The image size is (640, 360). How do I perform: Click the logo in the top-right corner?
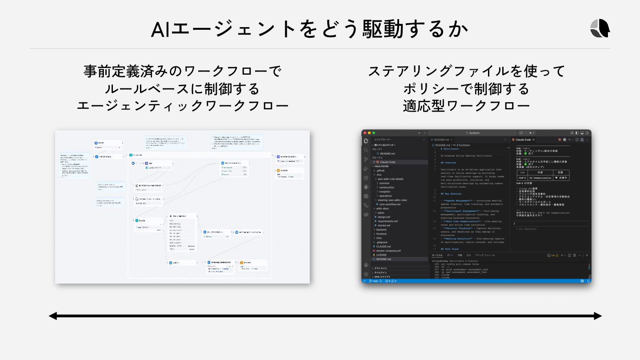[x=600, y=28]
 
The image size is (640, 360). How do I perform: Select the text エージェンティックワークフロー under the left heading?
[x=182, y=106]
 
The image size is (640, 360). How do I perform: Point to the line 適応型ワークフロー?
[x=466, y=106]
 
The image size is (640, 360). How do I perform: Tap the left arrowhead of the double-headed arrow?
[x=53, y=316]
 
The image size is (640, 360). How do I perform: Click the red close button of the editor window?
[x=365, y=133]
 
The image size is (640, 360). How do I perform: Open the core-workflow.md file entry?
[x=390, y=204]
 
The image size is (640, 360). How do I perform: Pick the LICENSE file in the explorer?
[x=381, y=255]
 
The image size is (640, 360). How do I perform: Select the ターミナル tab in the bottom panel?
[x=437, y=255]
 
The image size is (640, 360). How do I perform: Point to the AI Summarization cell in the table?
[x=540, y=178]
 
